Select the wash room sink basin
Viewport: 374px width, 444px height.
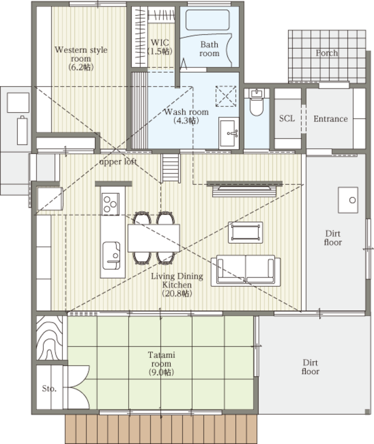point(228,133)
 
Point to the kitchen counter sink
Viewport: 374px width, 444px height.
point(111,256)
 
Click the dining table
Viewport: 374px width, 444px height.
point(154,238)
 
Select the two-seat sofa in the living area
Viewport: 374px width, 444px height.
point(246,271)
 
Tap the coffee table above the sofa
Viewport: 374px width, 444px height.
point(245,232)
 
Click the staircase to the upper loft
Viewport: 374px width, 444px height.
point(170,168)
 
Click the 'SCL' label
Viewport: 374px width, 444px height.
point(287,119)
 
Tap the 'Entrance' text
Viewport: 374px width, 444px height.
point(331,119)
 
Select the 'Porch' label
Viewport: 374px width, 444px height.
point(327,53)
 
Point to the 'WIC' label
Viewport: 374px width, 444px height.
point(160,42)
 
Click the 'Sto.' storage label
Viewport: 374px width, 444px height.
point(49,388)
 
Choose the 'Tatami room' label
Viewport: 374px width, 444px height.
point(162,359)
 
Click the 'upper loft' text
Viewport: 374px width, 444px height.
point(118,162)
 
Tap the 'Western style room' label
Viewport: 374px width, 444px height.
point(81,54)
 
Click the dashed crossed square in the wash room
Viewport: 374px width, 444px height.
point(226,97)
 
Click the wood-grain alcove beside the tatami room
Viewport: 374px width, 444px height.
point(50,338)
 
